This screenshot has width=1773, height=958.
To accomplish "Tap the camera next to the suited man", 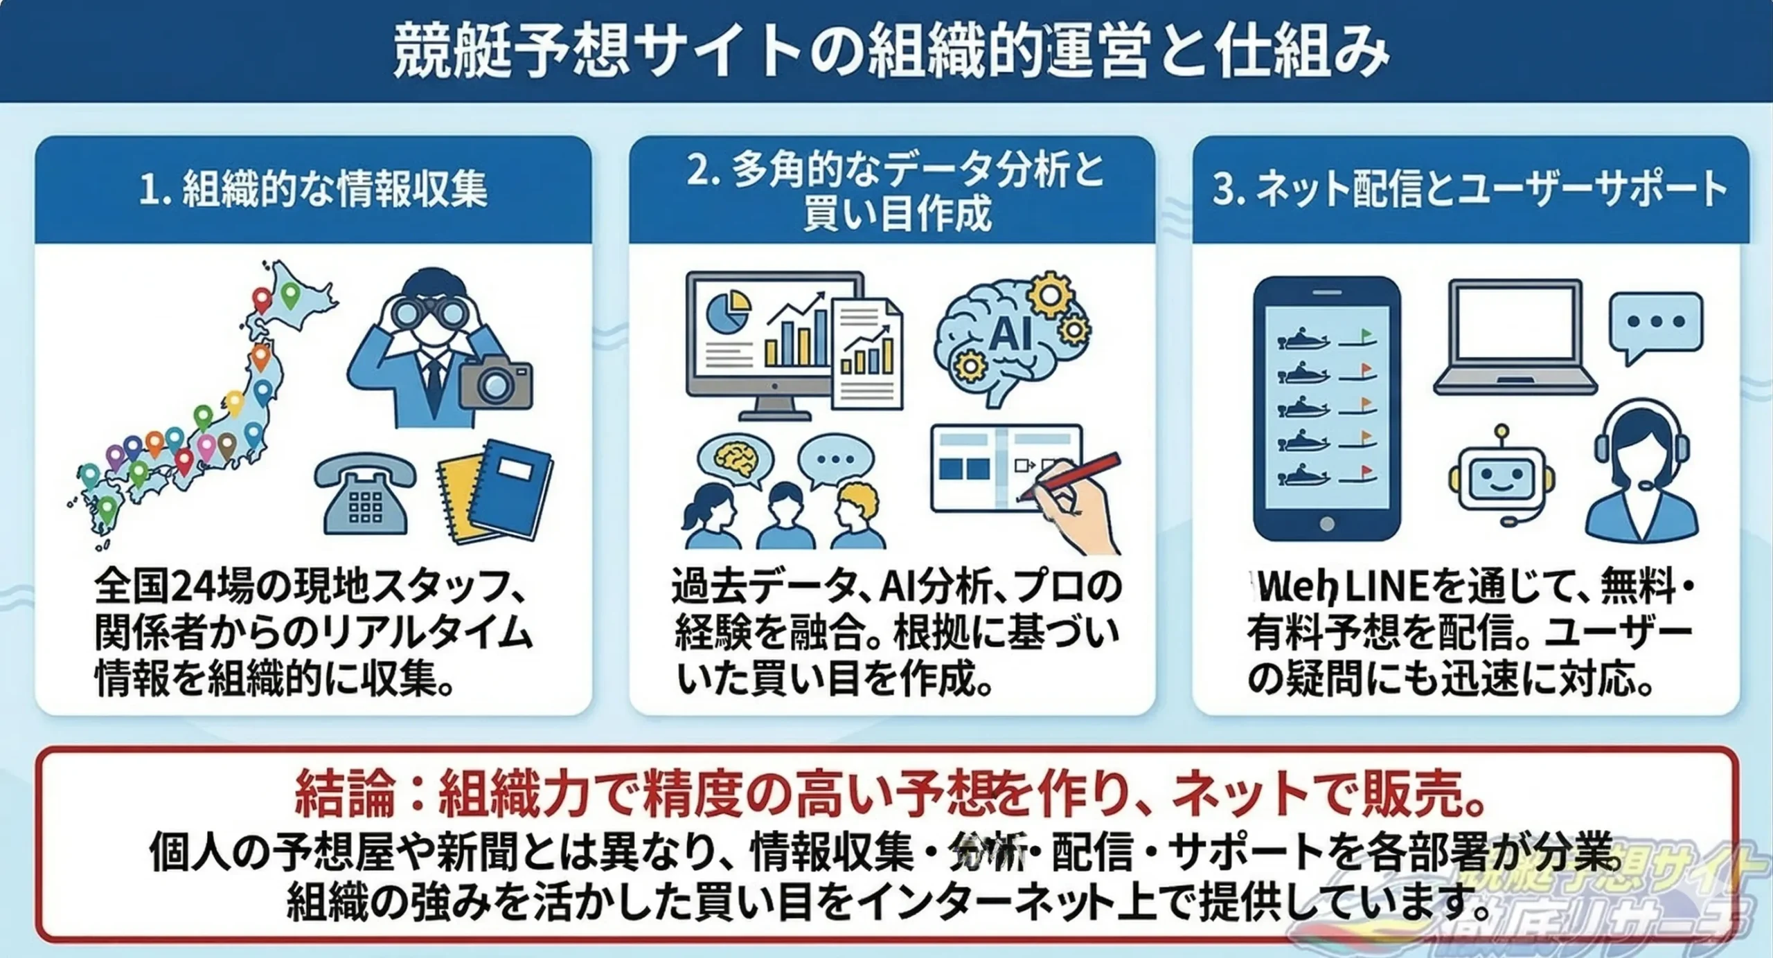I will [497, 381].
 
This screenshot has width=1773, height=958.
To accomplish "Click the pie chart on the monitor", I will [728, 310].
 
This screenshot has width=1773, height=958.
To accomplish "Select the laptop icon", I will [1515, 338].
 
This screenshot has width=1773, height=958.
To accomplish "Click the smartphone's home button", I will [1326, 524].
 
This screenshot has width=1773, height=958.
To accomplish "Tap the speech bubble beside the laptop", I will [1655, 325].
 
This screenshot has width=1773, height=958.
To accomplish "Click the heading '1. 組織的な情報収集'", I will [313, 189].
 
